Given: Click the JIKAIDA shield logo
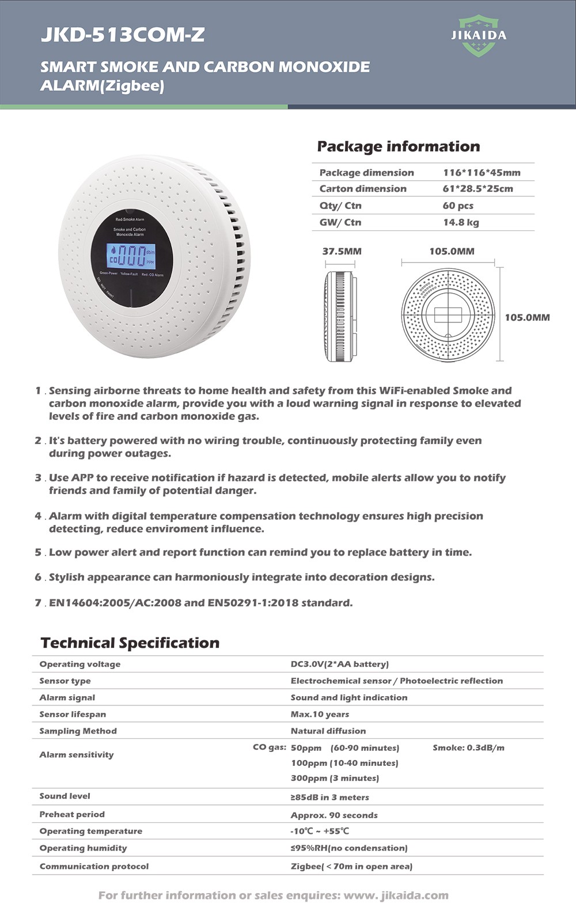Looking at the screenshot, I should point(479,36).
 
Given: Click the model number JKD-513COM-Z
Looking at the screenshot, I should point(123,35).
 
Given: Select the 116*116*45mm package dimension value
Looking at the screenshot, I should point(482,172).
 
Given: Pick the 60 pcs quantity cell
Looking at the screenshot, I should point(458,206).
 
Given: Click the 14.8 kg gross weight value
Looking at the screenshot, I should point(461,222).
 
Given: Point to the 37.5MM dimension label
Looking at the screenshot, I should point(342,251).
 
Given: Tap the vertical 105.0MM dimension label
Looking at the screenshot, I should point(527,317).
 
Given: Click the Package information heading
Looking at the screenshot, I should point(398,146).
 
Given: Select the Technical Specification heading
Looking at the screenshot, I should point(130,643).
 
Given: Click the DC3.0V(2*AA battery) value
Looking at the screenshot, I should point(339,664).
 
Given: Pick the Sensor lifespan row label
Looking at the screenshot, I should point(73,714).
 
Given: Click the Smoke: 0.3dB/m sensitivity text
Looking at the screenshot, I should point(468,747).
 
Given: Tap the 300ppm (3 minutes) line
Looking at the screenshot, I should point(335,778).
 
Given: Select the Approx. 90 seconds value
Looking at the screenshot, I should point(334,815).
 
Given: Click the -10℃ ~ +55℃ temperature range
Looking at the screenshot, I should point(320,831).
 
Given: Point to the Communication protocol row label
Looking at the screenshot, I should point(94,866).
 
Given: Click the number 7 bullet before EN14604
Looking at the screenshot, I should point(38,603).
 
